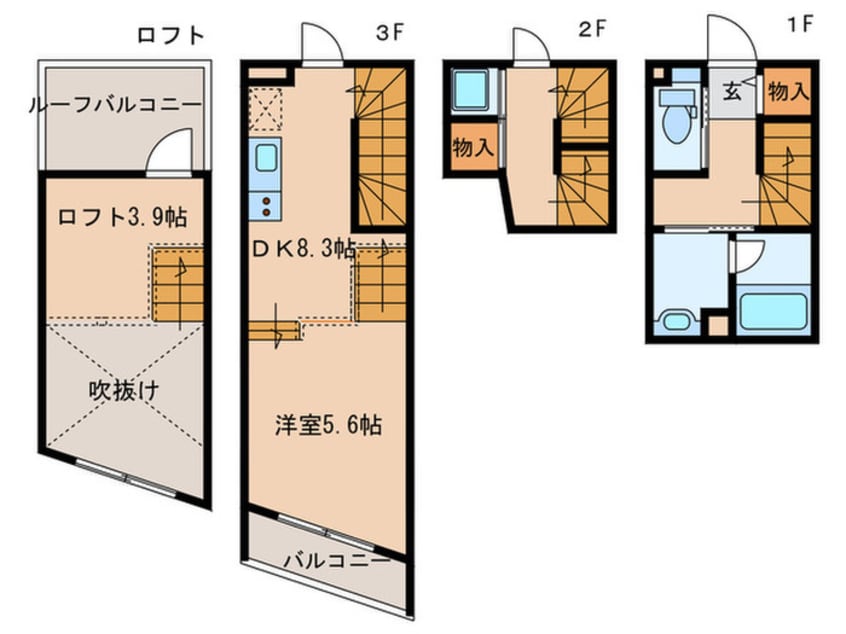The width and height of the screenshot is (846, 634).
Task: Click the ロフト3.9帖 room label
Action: click(x=122, y=217)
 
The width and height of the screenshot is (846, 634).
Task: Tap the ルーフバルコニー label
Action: click(x=115, y=104)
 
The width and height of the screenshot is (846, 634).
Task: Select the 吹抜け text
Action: click(x=124, y=390)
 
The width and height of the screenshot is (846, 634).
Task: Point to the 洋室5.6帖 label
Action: click(x=329, y=425)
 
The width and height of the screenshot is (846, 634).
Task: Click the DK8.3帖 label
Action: click(x=304, y=249)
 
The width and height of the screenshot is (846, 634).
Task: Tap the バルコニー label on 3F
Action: click(x=337, y=561)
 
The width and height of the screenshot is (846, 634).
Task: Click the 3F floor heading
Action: click(x=390, y=33)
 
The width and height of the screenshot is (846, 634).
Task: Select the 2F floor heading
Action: click(x=592, y=30)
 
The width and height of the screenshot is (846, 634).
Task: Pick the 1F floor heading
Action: click(x=800, y=24)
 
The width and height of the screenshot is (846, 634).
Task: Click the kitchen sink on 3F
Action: click(x=266, y=157)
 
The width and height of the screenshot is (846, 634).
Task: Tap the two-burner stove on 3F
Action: click(x=266, y=207)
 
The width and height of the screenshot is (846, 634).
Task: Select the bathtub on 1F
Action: click(x=774, y=311)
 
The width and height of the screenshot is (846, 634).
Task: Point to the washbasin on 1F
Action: click(x=677, y=322)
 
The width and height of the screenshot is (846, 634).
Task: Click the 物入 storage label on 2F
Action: click(x=473, y=147)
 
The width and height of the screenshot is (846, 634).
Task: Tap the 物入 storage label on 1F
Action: click(x=788, y=92)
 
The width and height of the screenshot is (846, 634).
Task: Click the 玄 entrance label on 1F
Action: click(x=732, y=92)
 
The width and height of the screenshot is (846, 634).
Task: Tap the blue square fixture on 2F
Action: click(x=470, y=90)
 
